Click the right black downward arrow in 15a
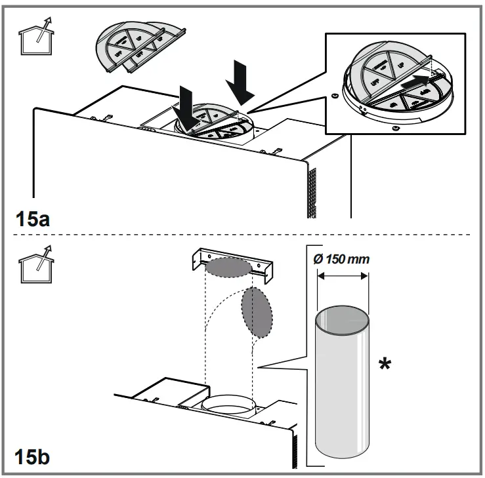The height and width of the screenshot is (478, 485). click(x=239, y=83)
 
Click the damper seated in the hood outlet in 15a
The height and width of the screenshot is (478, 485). click(x=211, y=123)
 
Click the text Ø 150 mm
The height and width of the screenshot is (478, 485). click(x=341, y=259)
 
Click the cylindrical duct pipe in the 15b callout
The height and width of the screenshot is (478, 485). click(x=341, y=387)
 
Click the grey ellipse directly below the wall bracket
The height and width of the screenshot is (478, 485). click(x=227, y=268)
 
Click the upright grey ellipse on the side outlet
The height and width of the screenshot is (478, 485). click(x=257, y=311)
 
